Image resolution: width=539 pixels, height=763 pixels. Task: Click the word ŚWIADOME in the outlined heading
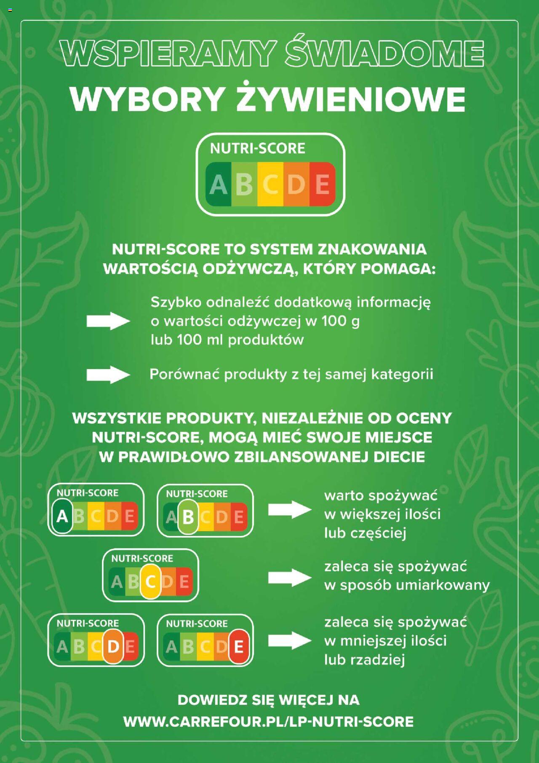(x=384, y=53)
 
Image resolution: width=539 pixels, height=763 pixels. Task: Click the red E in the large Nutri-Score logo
(x=322, y=184)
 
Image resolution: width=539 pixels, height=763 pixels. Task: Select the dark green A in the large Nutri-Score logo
(x=218, y=184)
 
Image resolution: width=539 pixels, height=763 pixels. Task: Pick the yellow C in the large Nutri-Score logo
(x=270, y=184)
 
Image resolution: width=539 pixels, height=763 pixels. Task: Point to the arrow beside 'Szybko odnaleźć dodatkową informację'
(x=108, y=321)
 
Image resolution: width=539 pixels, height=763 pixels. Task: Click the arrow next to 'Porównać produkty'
(x=108, y=375)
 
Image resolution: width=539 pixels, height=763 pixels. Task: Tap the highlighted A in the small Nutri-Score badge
(x=62, y=516)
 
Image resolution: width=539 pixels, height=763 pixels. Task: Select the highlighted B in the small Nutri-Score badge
(x=188, y=517)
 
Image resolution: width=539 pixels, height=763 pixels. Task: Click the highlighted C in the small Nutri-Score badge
(x=150, y=582)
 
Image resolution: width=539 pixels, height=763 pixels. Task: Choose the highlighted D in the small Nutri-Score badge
(x=113, y=646)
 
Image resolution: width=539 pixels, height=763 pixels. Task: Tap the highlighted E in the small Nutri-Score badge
(x=239, y=647)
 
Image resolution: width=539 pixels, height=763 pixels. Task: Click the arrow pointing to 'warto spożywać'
(x=290, y=510)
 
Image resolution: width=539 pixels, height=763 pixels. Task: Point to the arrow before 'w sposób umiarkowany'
(x=290, y=577)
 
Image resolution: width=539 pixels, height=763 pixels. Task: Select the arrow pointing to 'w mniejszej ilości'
(x=290, y=640)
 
